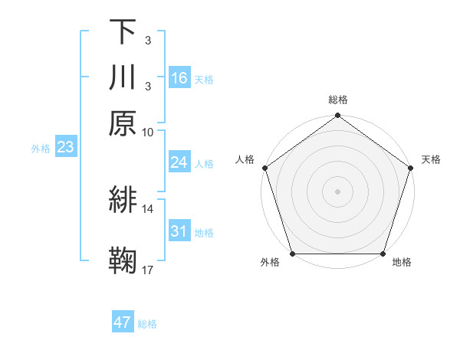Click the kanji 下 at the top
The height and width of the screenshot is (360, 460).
[123, 32]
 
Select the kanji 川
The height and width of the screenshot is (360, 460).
[123, 77]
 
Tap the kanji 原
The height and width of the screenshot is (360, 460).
[123, 123]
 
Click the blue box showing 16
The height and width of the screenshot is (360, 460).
[179, 78]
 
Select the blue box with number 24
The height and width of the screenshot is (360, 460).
[179, 162]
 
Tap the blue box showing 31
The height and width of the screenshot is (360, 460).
[179, 231]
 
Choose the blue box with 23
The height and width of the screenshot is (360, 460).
[65, 147]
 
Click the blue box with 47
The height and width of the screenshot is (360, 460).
[123, 322]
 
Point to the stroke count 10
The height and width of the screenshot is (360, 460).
[148, 132]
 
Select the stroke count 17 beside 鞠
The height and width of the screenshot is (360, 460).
[148, 270]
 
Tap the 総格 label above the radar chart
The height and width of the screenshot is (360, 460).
[338, 100]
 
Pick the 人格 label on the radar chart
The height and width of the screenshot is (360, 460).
[245, 159]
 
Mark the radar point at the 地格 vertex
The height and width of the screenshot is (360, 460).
[383, 254]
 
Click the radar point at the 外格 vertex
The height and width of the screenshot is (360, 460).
[292, 254]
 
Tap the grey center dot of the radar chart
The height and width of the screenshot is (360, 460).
[337, 190]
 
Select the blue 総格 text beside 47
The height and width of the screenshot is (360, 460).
[147, 324]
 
